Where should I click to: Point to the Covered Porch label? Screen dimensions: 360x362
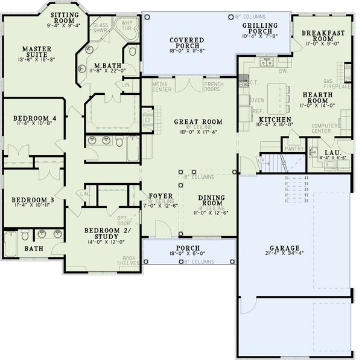tap(187, 43)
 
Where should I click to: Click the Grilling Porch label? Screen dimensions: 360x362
tap(260, 28)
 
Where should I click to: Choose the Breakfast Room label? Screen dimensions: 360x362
tap(322, 36)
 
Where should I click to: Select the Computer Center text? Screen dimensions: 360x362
tap(325, 128)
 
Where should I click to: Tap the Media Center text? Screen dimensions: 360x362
tap(160, 88)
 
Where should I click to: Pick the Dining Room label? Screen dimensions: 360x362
tap(212, 200)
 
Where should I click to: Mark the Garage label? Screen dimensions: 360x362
tap(283, 249)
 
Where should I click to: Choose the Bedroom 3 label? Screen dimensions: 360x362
tap(34, 199)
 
